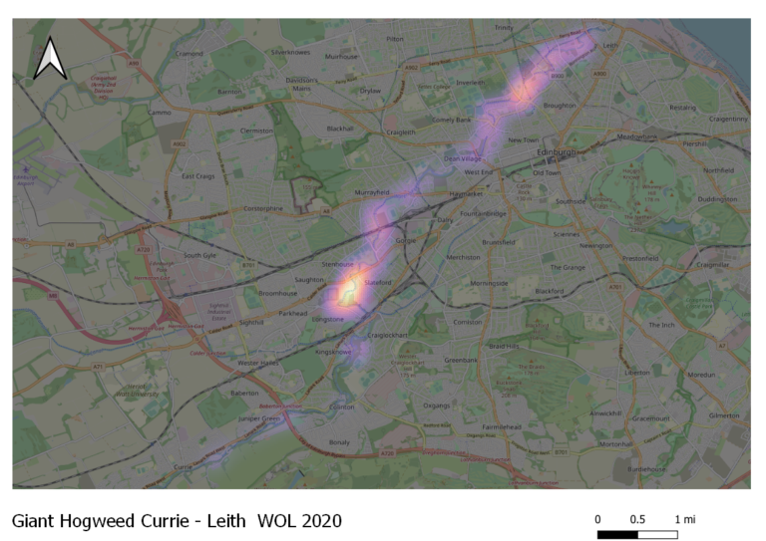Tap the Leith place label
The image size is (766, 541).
tap(611, 45)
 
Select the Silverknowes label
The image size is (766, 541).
tap(292, 51)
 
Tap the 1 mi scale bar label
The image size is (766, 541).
tap(684, 519)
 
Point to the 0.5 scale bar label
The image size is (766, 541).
tap(637, 519)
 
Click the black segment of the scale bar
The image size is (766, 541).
tap(617, 534)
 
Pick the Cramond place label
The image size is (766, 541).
tap(190, 54)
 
